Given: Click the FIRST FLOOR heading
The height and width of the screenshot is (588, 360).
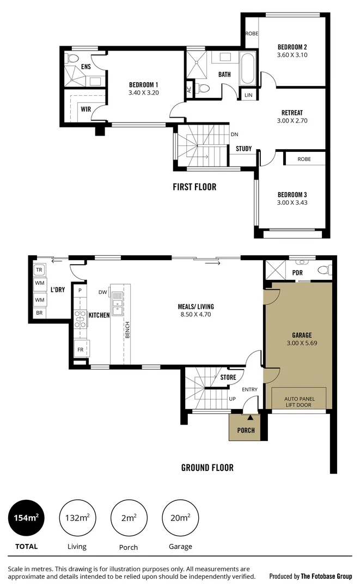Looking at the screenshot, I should [x=194, y=187].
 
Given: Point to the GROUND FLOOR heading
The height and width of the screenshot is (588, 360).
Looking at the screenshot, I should [x=207, y=467].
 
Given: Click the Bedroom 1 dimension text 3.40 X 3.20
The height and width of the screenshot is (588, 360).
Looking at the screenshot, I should [x=143, y=93].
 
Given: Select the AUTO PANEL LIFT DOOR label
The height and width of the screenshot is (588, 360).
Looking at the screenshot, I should [x=298, y=402].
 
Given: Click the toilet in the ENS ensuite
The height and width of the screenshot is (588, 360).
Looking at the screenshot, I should [x=73, y=58].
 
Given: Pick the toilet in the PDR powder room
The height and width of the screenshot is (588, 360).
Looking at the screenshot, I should [x=324, y=269].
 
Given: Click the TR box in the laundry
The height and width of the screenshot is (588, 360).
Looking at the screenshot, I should [x=39, y=270].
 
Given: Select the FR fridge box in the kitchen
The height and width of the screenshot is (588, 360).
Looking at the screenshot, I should [x=81, y=349].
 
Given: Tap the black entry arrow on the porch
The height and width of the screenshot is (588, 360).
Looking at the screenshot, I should [x=250, y=418].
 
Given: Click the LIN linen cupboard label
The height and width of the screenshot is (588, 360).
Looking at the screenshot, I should [x=248, y=95].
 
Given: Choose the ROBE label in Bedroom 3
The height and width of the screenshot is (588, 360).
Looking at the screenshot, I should [x=304, y=159].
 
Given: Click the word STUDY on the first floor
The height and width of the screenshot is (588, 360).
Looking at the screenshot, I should [x=243, y=149].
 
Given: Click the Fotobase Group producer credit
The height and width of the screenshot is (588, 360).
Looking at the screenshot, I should [x=310, y=575].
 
